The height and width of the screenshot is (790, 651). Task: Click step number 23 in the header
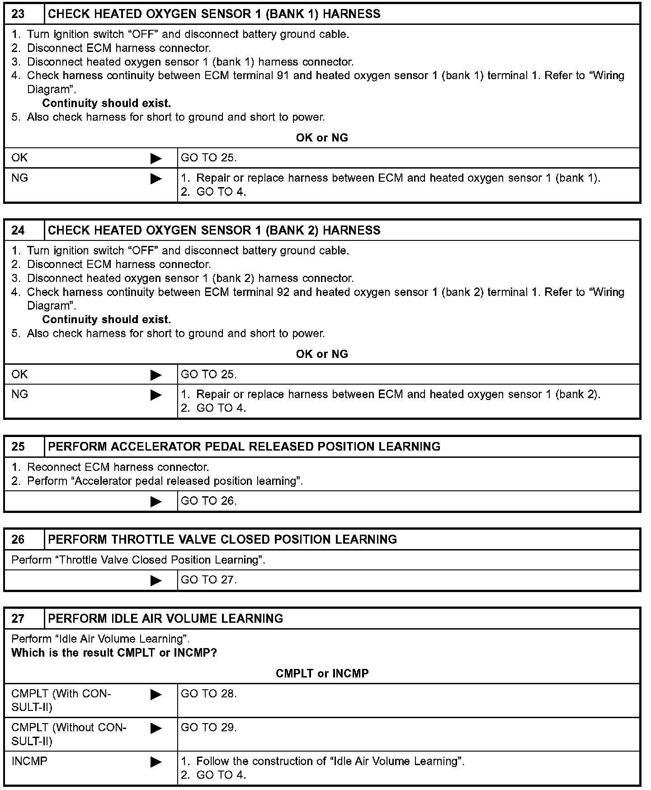18,14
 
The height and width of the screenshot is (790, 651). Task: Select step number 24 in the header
18,230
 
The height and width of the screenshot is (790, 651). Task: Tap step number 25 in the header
18,447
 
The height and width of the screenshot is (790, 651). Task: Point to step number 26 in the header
18,540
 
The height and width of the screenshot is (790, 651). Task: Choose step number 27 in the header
18,619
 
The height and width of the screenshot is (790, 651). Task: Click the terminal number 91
283,76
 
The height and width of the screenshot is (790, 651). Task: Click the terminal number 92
283,292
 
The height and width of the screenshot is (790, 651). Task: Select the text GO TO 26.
209,501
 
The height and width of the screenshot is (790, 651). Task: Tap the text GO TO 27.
209,580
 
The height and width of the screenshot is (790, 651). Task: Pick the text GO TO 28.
209,694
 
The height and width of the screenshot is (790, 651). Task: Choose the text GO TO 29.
209,728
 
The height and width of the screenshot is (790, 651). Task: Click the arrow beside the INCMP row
156,762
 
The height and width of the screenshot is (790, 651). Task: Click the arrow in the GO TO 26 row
156,502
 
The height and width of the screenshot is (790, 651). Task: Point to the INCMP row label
29,762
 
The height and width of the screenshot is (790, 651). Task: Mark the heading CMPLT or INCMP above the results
322,674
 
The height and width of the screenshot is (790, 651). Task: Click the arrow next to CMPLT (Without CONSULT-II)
156,728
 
